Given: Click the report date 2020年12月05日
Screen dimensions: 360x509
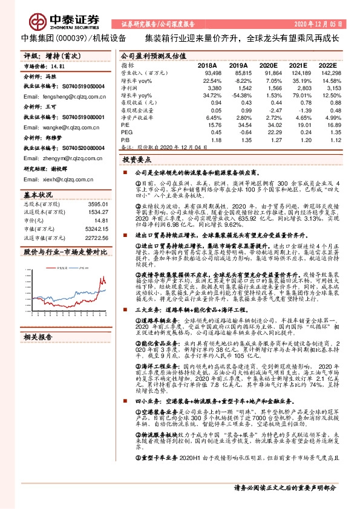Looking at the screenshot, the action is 321,24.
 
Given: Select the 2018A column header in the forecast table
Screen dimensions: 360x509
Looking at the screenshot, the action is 208,64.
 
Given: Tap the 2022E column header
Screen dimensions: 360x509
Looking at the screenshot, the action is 327,64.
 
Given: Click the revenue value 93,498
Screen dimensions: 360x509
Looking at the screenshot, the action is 211,73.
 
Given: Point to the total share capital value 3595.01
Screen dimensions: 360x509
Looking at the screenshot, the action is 96,206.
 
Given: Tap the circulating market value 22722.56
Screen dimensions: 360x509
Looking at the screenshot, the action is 95,238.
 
